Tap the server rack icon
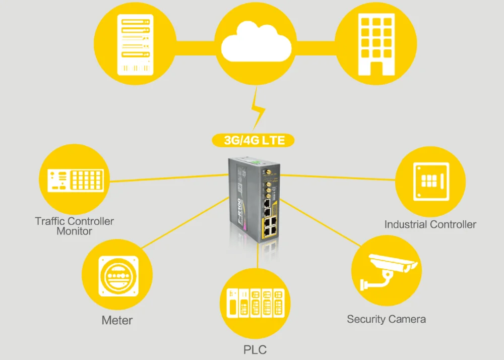point(135,44)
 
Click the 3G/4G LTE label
point(255,140)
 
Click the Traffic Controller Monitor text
point(75,226)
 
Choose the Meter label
point(117,320)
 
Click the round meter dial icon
point(117,277)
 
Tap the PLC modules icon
point(256,303)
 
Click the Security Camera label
point(386,319)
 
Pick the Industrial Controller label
point(430,224)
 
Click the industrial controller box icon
point(430,181)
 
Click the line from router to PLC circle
point(258,257)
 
